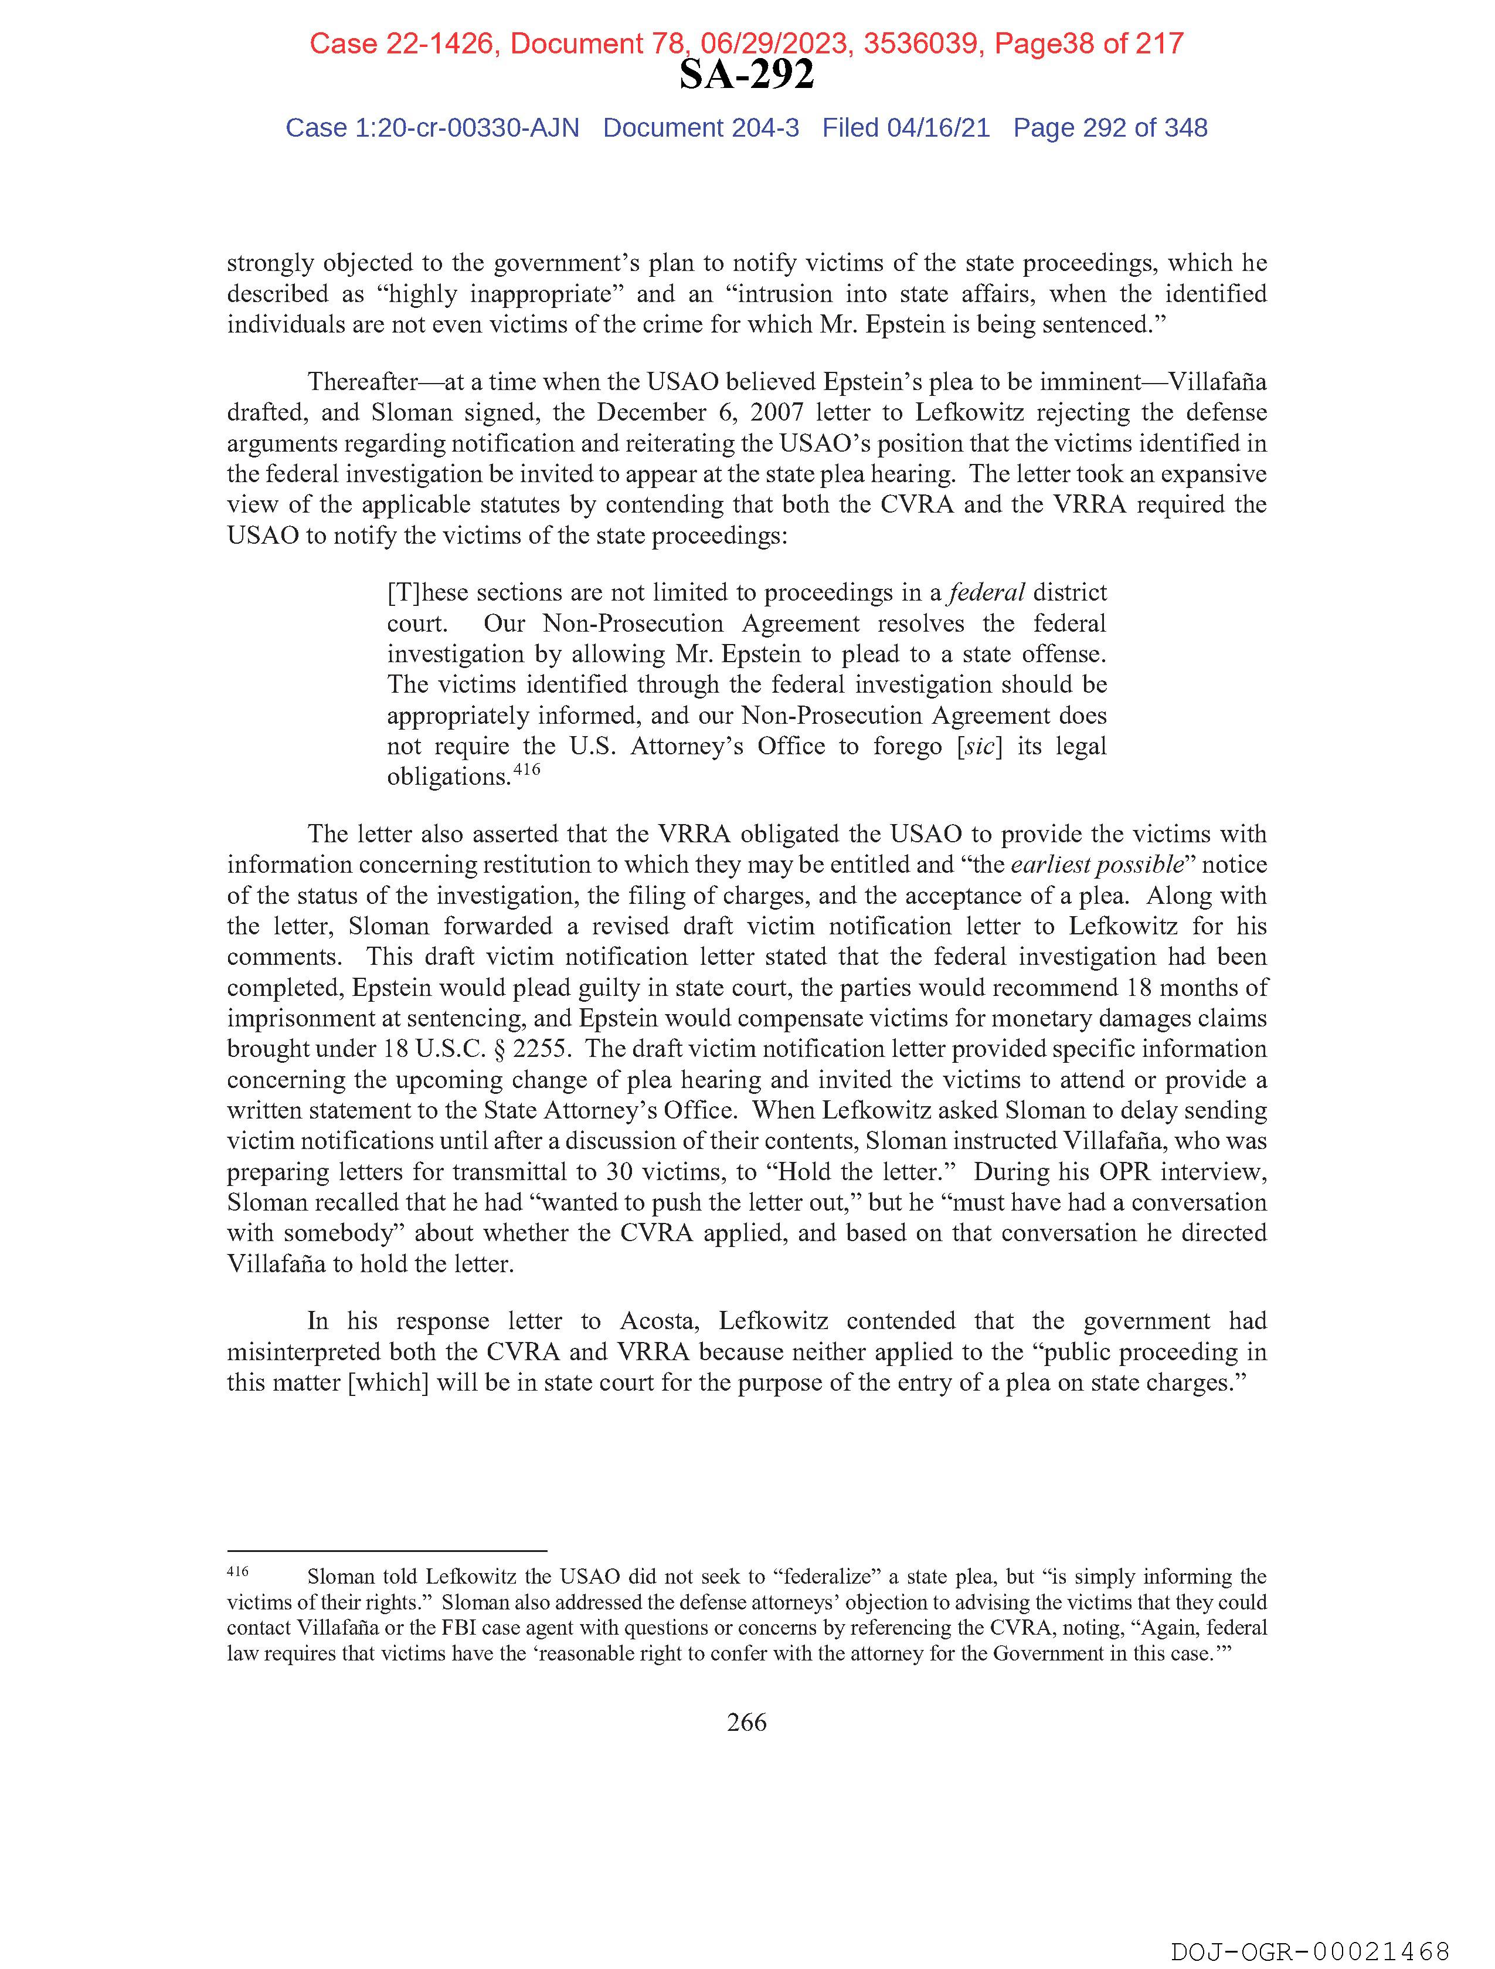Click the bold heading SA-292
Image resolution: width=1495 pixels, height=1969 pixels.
(x=746, y=76)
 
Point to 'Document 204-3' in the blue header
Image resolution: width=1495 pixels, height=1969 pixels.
(x=701, y=128)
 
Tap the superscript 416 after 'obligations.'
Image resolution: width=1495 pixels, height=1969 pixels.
(x=527, y=769)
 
